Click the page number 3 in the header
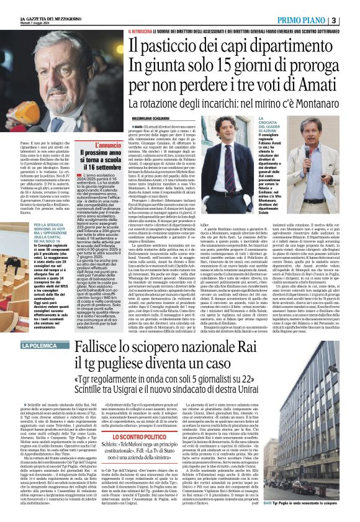click(x=351, y=20)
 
